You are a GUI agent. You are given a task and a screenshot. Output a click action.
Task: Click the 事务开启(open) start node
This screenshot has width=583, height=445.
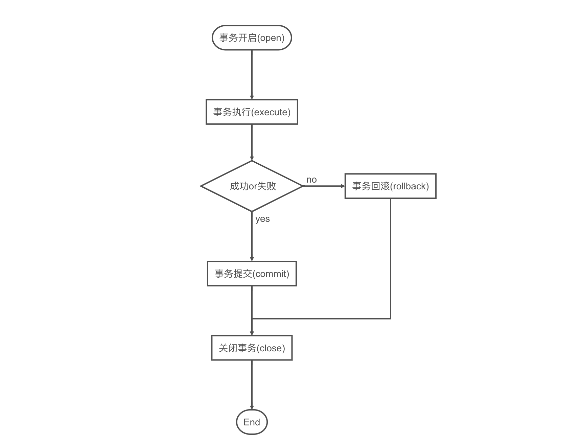coord(252,38)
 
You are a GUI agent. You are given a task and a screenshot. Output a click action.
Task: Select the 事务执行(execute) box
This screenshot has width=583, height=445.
coord(252,112)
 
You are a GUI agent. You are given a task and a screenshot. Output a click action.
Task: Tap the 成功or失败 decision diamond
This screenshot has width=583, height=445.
coord(252,186)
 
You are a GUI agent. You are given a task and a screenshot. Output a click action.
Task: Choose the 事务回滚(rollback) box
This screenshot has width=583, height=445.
coord(390,186)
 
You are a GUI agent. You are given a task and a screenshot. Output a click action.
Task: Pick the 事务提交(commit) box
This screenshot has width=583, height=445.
coord(252,274)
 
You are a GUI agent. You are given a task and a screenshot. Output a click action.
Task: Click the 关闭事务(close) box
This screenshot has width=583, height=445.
coord(252,348)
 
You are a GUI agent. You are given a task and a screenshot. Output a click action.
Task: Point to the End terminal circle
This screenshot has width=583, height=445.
coord(252,422)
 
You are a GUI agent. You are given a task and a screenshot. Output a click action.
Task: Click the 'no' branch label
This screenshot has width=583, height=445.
coord(311,180)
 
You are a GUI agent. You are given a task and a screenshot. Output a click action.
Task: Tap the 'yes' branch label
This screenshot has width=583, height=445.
coord(262,219)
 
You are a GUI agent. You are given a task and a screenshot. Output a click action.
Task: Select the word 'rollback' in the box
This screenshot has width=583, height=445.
coord(410,186)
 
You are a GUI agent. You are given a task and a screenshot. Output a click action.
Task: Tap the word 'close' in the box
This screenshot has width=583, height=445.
coord(271,348)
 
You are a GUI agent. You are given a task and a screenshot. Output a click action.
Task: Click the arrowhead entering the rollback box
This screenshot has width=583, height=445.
coord(343,186)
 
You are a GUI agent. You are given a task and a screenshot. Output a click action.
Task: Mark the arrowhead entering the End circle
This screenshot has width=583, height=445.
coord(252,407)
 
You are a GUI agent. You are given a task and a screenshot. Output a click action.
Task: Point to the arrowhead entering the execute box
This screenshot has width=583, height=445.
coord(252,97)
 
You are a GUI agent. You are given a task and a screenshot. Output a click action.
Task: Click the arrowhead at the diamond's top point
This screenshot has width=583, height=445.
coord(252,158)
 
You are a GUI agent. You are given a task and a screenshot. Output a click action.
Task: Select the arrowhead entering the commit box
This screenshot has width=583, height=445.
coord(252,259)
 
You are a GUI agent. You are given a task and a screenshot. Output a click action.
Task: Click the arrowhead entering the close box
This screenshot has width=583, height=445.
coord(252,333)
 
